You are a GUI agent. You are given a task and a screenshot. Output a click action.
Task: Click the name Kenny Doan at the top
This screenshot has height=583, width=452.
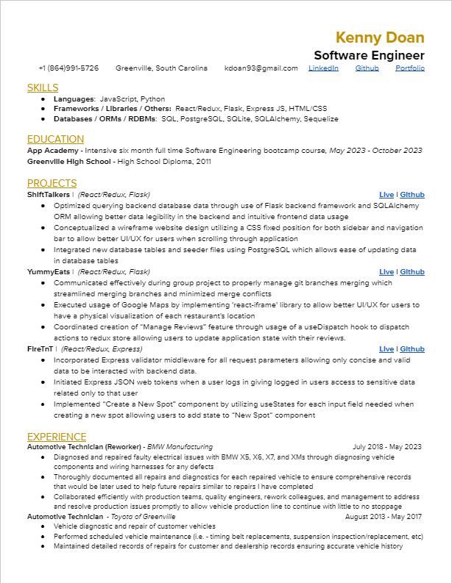click(x=380, y=37)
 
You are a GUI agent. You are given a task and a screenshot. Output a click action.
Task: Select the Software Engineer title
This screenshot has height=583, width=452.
click(x=369, y=55)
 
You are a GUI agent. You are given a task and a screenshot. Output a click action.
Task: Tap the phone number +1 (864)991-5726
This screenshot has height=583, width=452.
click(x=68, y=68)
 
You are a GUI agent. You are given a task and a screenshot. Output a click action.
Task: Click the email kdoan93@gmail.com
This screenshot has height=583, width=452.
click(x=261, y=68)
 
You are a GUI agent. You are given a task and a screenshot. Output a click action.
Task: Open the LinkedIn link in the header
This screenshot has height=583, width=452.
click(x=323, y=68)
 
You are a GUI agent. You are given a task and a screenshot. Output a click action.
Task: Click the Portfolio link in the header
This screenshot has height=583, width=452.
click(x=410, y=68)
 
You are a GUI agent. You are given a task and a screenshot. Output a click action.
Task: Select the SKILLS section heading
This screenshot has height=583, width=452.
click(x=43, y=87)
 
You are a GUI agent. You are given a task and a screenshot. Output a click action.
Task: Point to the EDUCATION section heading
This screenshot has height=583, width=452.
click(x=55, y=139)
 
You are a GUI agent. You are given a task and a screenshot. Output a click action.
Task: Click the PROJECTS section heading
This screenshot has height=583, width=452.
click(x=52, y=183)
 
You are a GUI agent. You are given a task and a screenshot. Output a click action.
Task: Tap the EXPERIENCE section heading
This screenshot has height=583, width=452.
click(x=57, y=436)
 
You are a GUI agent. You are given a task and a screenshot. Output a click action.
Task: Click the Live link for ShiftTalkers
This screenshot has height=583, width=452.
click(x=386, y=195)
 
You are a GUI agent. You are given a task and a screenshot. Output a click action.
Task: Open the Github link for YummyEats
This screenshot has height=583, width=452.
click(x=412, y=272)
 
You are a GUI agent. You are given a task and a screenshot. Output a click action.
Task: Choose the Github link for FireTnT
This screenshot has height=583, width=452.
click(x=412, y=349)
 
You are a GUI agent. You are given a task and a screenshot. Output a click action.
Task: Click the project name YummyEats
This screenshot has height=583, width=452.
click(x=49, y=272)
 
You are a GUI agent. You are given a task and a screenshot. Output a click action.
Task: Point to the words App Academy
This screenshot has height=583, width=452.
click(x=52, y=150)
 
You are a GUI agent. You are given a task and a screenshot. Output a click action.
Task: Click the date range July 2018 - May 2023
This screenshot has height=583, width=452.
click(x=387, y=447)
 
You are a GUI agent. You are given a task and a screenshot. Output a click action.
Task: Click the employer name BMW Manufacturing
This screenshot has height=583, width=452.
click(x=180, y=447)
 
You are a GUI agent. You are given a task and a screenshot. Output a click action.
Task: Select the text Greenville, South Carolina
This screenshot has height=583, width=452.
click(x=161, y=68)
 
